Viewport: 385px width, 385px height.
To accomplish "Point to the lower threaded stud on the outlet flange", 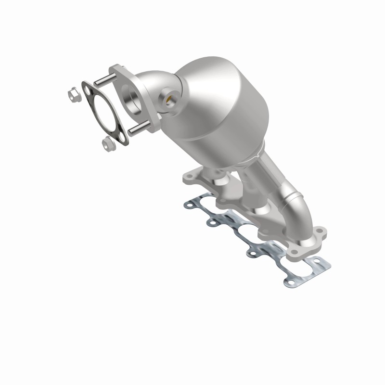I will coord(138,128).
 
